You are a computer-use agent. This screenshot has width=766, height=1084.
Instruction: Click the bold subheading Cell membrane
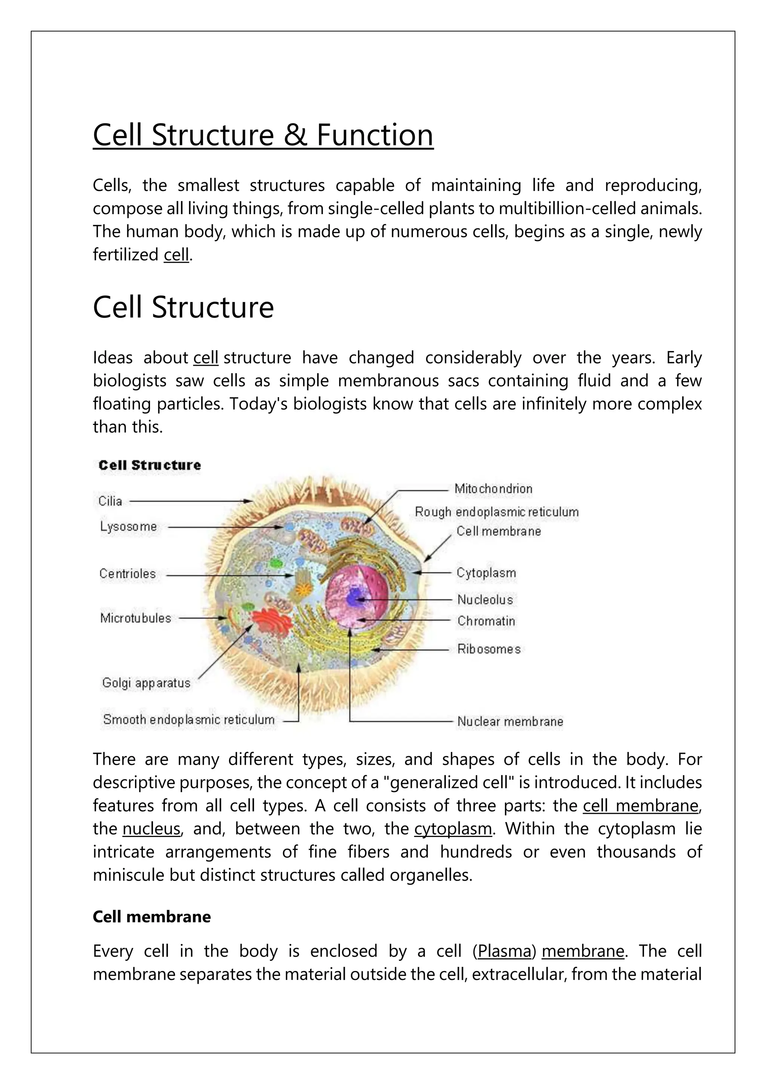tap(151, 916)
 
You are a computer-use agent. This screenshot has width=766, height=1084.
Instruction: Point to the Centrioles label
tap(127, 574)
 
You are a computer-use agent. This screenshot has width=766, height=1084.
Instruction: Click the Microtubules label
tap(135, 618)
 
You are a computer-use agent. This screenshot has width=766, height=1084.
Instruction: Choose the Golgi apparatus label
tap(146, 683)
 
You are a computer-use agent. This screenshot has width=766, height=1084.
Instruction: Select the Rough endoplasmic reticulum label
tap(497, 512)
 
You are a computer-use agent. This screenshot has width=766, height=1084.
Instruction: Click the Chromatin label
tap(486, 621)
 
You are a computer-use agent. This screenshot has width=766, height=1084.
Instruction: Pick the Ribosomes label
tap(488, 649)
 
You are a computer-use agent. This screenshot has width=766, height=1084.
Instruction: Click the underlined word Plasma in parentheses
tap(504, 951)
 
